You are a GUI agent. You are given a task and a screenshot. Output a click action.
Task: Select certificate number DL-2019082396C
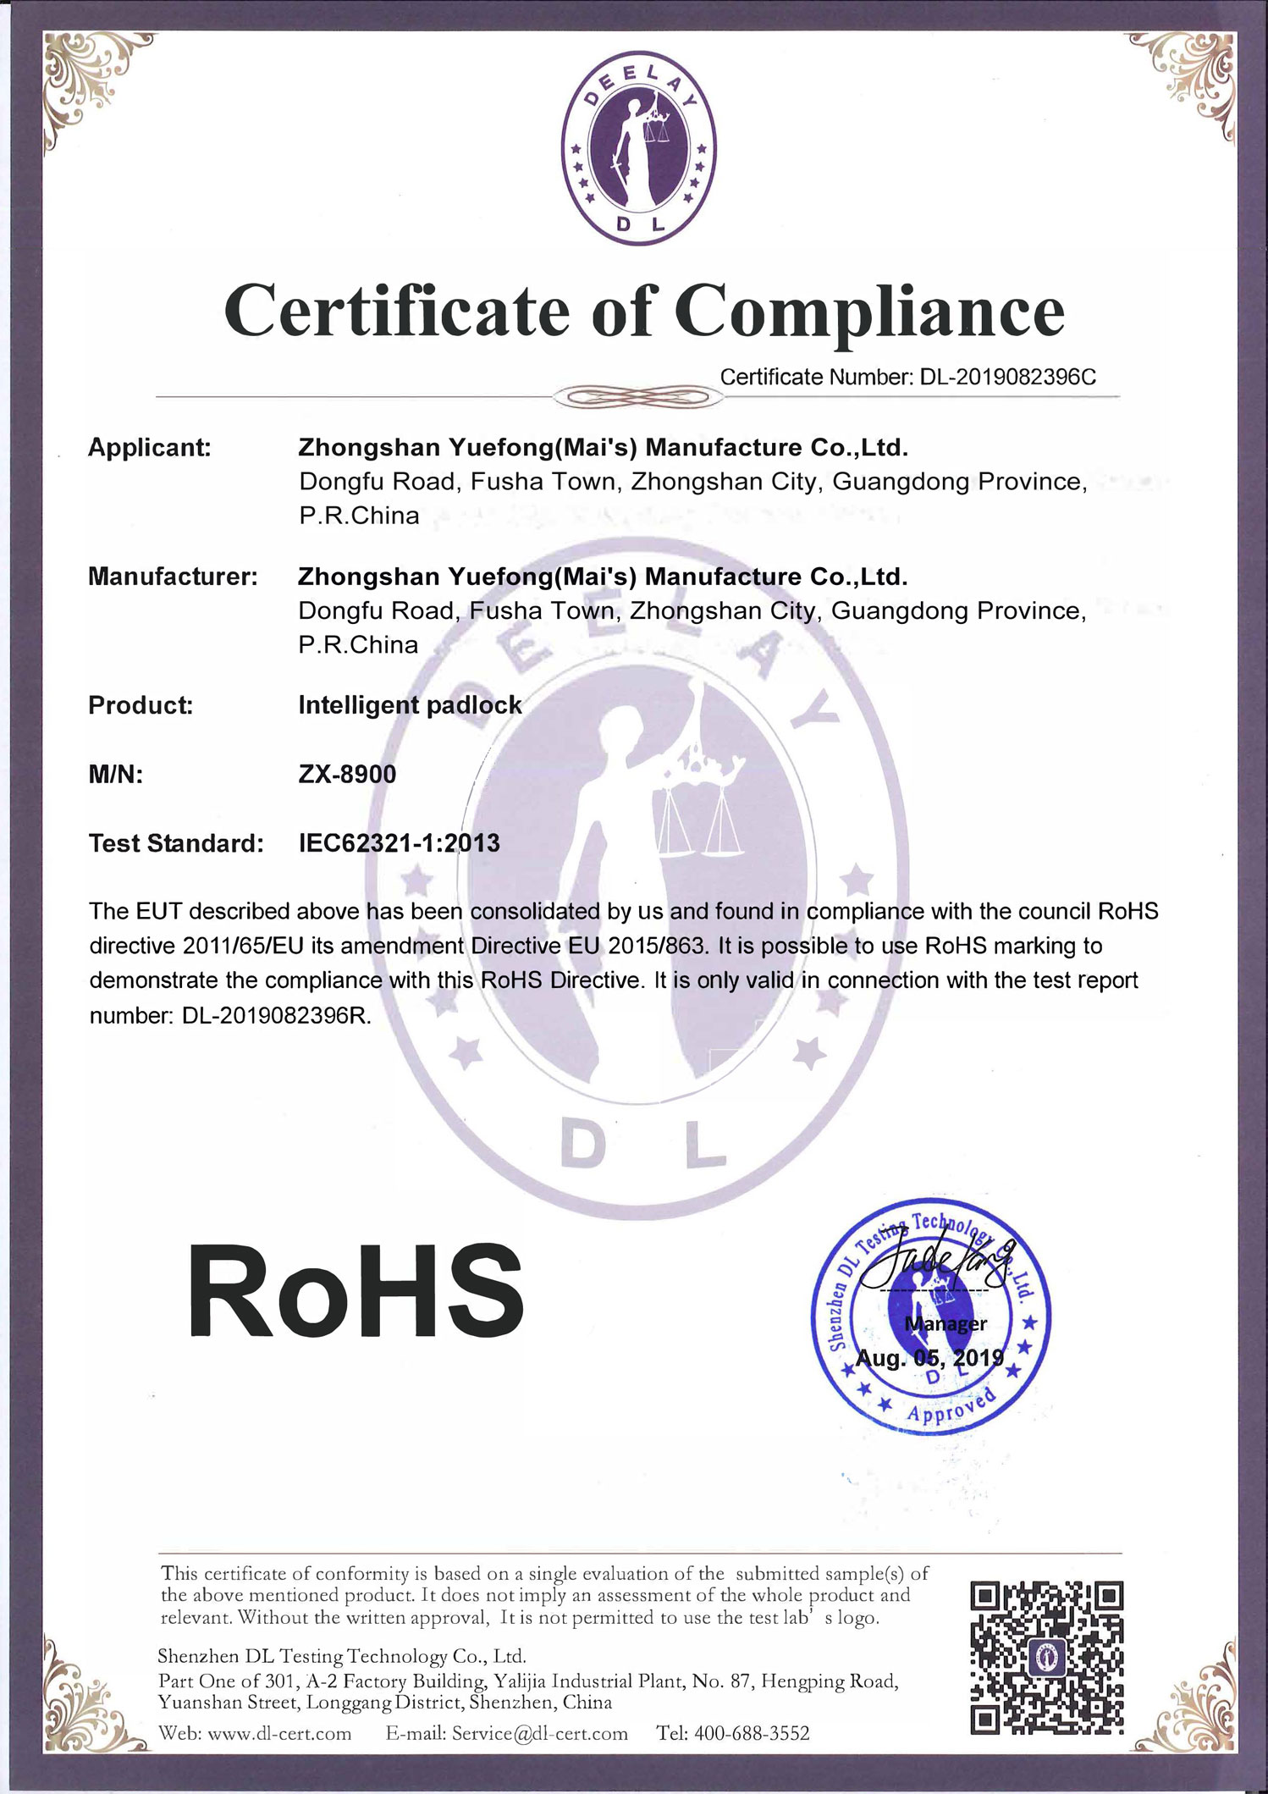point(1007,378)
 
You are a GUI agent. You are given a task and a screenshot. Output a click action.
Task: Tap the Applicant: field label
point(150,448)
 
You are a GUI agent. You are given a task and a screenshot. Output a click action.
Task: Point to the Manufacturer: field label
point(173,577)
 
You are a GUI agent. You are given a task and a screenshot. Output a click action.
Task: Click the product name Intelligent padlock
point(410,705)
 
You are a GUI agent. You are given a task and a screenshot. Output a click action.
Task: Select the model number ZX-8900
point(347,774)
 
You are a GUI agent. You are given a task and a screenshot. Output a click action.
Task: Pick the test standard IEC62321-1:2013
point(400,843)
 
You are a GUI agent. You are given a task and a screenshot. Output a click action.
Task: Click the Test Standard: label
point(176,843)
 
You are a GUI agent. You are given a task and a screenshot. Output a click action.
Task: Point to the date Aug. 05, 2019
point(929,1358)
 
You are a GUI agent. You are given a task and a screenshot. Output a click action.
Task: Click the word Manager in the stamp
point(945,1323)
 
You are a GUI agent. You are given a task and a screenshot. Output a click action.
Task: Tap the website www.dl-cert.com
point(279,1734)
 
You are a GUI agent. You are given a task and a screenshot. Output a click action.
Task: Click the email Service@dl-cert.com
point(539,1734)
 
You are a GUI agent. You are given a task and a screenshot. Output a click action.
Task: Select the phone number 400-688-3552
point(751,1734)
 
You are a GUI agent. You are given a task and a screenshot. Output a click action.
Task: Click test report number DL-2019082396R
point(276,1016)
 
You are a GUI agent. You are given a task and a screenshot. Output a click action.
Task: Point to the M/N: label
point(116,774)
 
